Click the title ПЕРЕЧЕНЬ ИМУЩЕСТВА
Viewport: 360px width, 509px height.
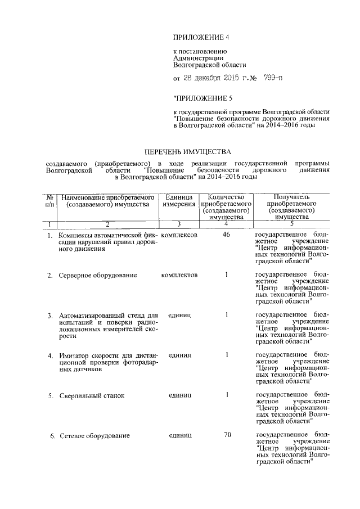pyautogui.click(x=187, y=152)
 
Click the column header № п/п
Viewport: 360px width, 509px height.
pyautogui.click(x=50, y=201)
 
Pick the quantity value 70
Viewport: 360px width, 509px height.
pyautogui.click(x=227, y=435)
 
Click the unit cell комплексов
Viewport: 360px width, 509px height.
pyautogui.click(x=179, y=234)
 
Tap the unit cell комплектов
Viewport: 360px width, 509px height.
pyautogui.click(x=179, y=274)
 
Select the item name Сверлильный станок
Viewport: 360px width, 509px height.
pyautogui.click(x=92, y=395)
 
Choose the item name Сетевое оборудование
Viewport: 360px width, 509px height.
pyautogui.click(x=94, y=436)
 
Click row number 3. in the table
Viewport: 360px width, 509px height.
pyautogui.click(x=50, y=315)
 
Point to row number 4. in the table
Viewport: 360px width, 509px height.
pyautogui.click(x=50, y=355)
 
